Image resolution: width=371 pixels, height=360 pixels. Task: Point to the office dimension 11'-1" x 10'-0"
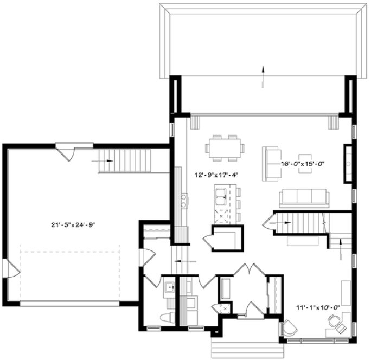click(318, 307)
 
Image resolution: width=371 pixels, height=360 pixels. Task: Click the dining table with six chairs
click(225, 146)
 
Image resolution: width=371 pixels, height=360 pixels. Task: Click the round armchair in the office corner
click(290, 327)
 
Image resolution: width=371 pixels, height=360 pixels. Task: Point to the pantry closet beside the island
click(223, 239)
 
